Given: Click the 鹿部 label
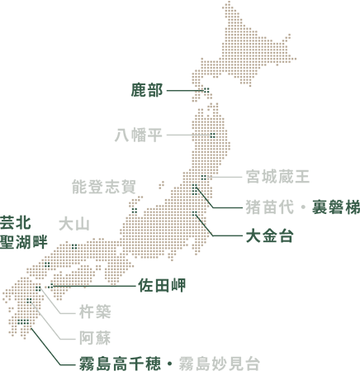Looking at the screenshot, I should (147, 90).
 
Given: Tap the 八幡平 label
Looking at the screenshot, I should (138, 135).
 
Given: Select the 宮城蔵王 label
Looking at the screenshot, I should (277, 177).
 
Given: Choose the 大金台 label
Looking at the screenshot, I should (270, 236).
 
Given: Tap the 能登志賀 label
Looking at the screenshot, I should (104, 187).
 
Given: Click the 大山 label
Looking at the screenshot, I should (73, 224).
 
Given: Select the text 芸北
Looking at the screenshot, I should (16, 223).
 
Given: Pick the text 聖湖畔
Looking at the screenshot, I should (24, 241).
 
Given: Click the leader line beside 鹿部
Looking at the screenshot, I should (184, 90).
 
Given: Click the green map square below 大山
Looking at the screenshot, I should (74, 245).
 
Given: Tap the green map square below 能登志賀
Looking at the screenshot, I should (134, 210).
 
